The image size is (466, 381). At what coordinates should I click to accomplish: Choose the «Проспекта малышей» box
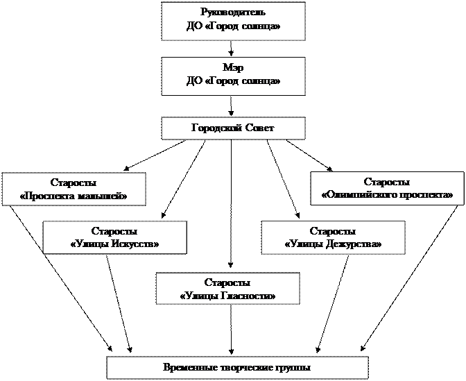tap(74, 189)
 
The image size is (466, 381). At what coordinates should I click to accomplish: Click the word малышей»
tap(104, 196)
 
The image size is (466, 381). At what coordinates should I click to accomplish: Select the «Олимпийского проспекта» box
tap(386, 189)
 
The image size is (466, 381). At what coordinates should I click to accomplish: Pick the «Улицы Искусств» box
tap(114, 237)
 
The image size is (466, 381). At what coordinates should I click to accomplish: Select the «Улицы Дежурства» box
tap(333, 237)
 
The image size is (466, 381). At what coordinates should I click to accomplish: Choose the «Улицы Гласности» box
tap(227, 289)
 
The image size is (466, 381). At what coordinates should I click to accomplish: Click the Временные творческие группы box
tap(236, 367)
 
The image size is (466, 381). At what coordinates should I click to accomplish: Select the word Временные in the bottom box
tap(187, 367)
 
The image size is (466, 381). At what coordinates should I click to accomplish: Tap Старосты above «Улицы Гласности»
tap(227, 282)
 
